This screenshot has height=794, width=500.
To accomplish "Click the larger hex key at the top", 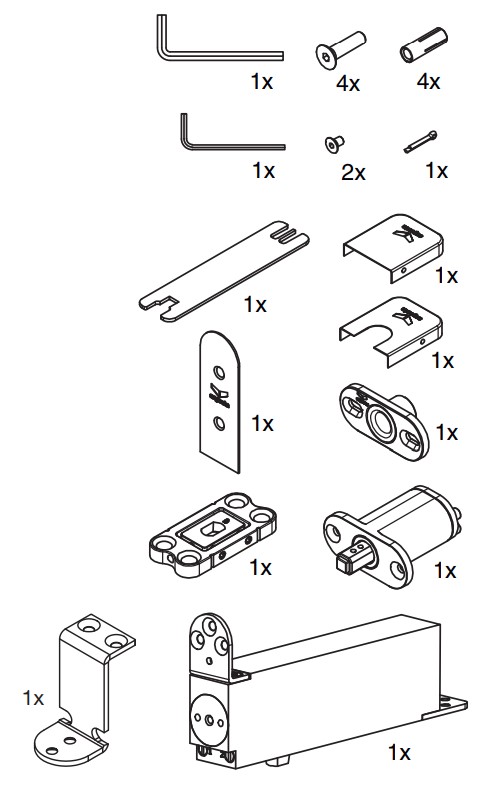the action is [218, 54].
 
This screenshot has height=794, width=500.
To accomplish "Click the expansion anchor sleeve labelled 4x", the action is [424, 45].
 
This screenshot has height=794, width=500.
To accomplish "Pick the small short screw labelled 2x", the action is [334, 143].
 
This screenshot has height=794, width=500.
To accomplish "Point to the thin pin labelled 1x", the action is [420, 141].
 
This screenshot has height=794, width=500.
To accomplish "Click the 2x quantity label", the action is [353, 173].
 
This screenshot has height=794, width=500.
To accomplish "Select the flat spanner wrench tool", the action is [224, 270].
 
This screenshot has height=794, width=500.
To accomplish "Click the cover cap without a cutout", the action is [394, 247].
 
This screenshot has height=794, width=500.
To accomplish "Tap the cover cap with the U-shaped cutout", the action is [391, 331].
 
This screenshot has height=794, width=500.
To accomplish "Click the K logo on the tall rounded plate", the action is [219, 396].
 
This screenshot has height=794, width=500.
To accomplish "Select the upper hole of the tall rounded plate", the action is [219, 373].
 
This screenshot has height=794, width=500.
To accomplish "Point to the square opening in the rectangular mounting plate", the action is [212, 529].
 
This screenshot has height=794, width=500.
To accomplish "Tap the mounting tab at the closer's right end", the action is [446, 707].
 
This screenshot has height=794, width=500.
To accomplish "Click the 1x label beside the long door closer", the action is [399, 752].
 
